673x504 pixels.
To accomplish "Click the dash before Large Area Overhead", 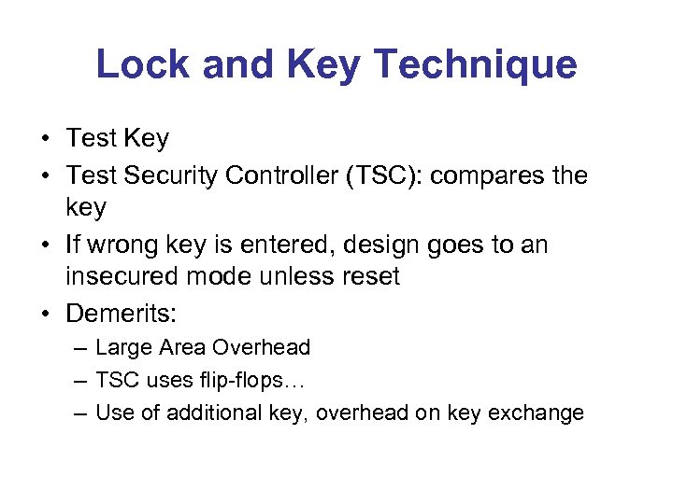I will [x=80, y=348].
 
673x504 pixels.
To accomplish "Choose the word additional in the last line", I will [x=208, y=413].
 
